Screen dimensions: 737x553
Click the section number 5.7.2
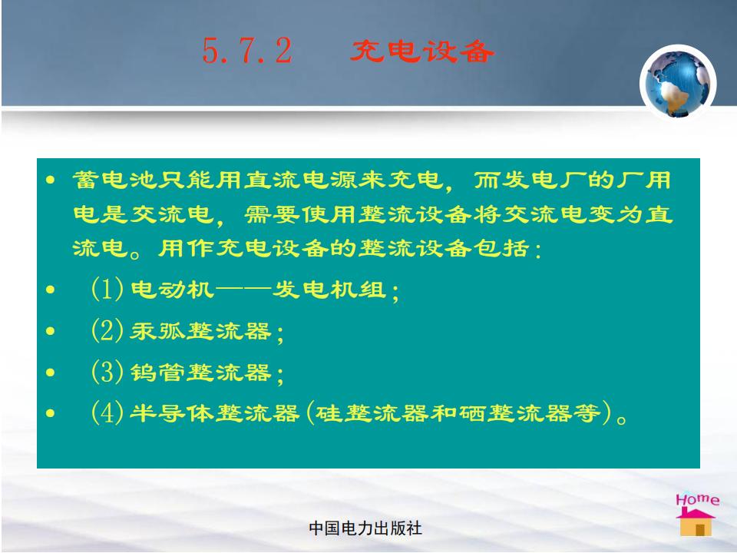[x=247, y=51]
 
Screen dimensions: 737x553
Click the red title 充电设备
[x=422, y=51]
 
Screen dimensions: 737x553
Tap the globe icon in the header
[x=678, y=82]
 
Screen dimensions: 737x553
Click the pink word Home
[x=697, y=499]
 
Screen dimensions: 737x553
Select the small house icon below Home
[x=696, y=522]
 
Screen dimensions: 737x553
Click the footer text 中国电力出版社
[x=365, y=528]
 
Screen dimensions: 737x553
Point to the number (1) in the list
[x=107, y=289]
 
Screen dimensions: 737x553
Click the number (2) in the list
[x=107, y=330]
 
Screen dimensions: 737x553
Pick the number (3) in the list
[x=107, y=372]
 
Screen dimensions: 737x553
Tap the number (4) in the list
[x=107, y=413]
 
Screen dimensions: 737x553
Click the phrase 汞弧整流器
[x=200, y=331]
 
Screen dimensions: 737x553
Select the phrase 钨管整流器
[x=200, y=373]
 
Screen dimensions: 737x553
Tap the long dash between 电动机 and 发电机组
[x=243, y=290]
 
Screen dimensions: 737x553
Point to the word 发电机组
[x=329, y=290]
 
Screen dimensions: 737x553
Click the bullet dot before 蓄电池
[x=51, y=180]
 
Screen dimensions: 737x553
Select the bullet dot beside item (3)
[x=51, y=373]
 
